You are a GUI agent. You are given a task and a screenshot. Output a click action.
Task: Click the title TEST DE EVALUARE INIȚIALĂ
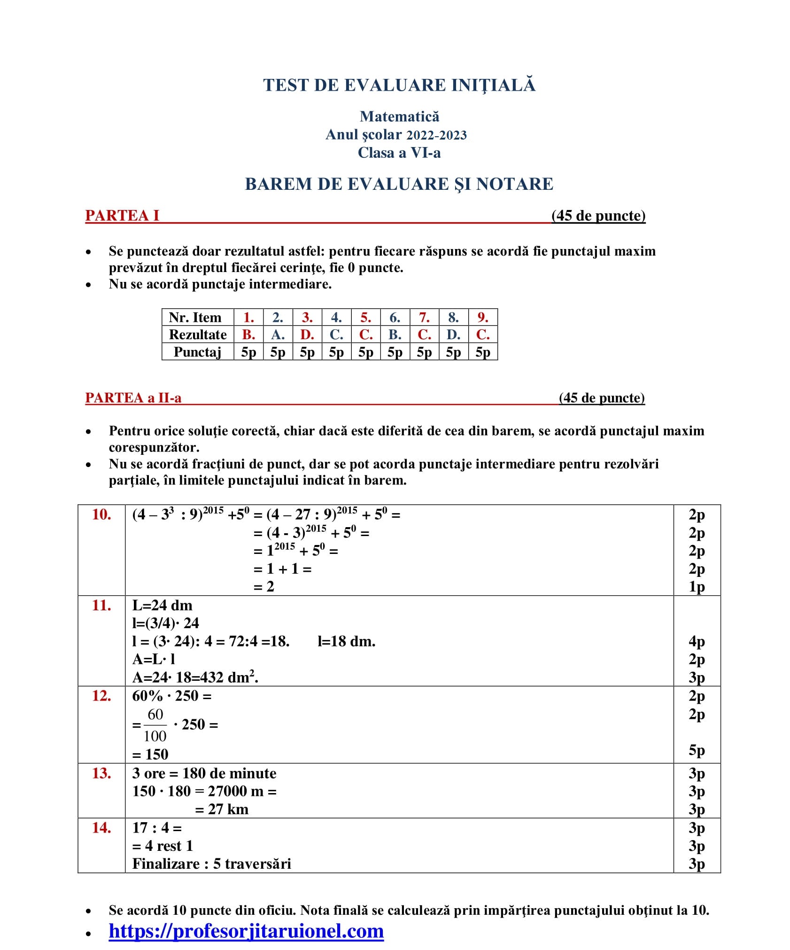399,85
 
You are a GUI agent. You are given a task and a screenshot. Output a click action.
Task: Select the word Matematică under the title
399,116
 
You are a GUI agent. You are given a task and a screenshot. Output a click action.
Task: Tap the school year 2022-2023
436,135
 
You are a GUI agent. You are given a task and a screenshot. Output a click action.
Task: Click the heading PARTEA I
122,216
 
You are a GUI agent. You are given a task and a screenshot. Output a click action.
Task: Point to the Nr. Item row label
195,318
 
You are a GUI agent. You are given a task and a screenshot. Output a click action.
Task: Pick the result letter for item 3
307,335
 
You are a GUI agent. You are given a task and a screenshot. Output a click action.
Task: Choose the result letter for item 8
453,335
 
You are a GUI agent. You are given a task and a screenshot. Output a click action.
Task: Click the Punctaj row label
197,352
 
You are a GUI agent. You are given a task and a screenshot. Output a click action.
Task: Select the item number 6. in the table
395,318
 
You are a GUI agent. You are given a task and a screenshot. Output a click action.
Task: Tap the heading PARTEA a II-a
133,398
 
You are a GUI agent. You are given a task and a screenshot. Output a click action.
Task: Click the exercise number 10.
101,514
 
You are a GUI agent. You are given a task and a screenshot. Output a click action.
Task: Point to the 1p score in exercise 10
697,587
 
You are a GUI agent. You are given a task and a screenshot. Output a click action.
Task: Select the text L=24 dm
162,605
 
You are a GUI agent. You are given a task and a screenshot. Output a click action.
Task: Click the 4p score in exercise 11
697,641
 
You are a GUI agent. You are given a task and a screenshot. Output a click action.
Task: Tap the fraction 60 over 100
155,725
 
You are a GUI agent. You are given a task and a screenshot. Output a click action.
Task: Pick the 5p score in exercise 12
697,750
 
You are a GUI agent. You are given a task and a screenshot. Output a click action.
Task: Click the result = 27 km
222,809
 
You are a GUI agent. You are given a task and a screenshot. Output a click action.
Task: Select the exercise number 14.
101,828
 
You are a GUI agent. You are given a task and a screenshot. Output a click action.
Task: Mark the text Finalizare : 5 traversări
211,864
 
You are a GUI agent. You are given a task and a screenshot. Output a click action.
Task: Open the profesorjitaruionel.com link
246,931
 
